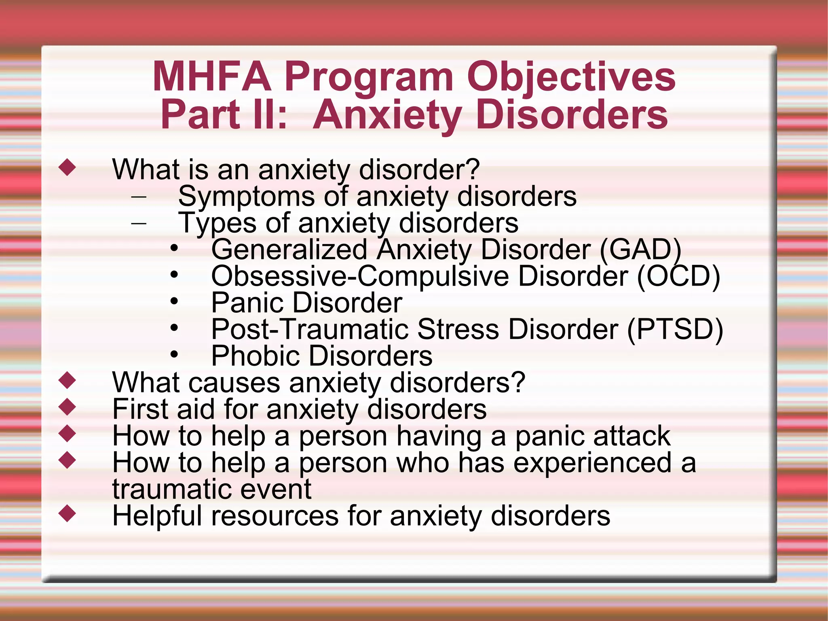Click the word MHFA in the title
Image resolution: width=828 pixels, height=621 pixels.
click(x=211, y=77)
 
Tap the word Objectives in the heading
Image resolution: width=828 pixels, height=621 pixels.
click(x=571, y=77)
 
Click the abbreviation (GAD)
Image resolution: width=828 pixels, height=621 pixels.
click(x=640, y=249)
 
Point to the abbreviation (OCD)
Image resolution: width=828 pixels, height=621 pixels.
click(x=678, y=276)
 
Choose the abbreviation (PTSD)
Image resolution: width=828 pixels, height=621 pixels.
click(x=675, y=329)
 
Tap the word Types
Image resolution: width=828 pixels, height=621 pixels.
click(x=218, y=223)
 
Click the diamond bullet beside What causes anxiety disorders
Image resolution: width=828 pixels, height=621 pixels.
click(x=67, y=380)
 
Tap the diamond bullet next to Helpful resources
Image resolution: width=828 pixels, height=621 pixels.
click(x=67, y=513)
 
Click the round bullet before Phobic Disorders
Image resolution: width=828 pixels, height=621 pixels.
click(x=174, y=355)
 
